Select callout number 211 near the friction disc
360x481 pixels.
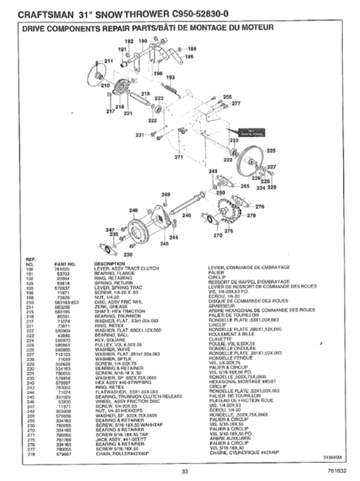(109, 62)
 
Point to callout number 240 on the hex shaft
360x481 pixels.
(186, 214)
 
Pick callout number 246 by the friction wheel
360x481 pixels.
(133, 210)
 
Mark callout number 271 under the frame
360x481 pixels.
(179, 157)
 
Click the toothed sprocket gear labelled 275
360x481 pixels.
(227, 210)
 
